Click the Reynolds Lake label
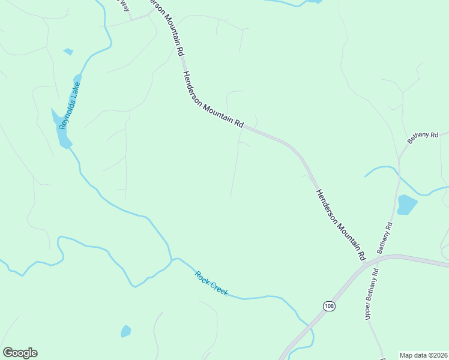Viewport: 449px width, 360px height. tap(69, 106)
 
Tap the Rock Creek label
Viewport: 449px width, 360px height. tap(211, 283)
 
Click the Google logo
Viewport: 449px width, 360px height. tap(20, 353)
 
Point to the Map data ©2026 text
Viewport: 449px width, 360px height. tap(424, 355)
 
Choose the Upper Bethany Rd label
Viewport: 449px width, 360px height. tap(372, 293)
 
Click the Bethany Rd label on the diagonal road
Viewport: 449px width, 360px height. tap(423, 137)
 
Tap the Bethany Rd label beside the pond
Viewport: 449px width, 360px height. tap(384, 238)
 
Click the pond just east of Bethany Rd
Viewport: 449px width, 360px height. tap(407, 205)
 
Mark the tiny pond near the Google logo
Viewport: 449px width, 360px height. tap(125, 331)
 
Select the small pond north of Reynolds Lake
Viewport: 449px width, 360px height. tap(68, 52)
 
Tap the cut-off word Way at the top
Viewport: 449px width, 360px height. tap(124, 4)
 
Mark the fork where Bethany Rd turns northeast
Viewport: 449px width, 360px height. tap(399, 157)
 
